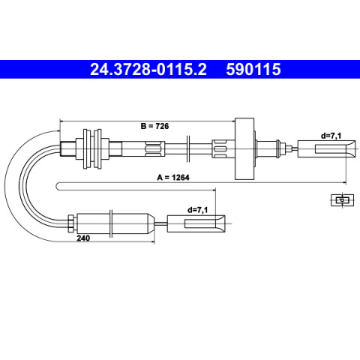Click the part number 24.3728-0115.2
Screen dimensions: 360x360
point(148,69)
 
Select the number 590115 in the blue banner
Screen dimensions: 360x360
point(253,69)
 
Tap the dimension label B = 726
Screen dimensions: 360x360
point(154,126)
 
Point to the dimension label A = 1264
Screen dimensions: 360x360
point(173,178)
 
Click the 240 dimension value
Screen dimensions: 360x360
point(83,238)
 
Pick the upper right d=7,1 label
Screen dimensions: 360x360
point(331,136)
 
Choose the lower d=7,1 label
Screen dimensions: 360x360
point(197,210)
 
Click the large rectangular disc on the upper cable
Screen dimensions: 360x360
point(244,148)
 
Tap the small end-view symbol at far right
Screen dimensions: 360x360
point(342,200)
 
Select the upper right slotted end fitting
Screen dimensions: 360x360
point(326,149)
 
